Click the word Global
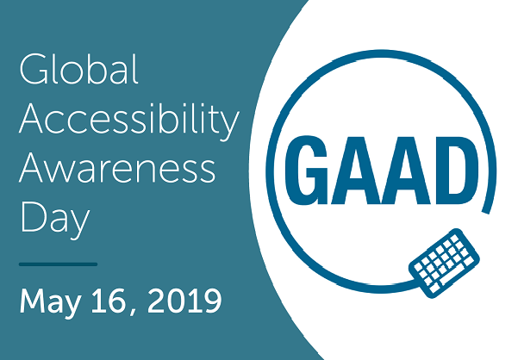point(78,69)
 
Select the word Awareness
point(117,168)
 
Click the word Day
point(55,219)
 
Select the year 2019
point(184,301)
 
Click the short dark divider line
point(58,264)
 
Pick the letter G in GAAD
point(307,170)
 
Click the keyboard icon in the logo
point(445,263)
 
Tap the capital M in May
point(33,301)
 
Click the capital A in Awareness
point(32,167)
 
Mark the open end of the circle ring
point(485,211)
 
